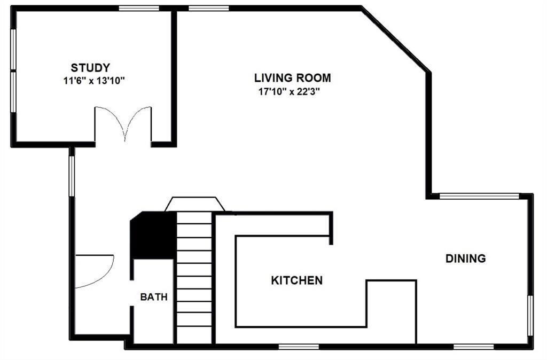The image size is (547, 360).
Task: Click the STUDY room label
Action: (x=90, y=68)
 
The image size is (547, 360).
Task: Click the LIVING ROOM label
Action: (x=292, y=78)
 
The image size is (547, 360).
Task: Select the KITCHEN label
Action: (x=297, y=280)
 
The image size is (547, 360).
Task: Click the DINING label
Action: (x=466, y=259)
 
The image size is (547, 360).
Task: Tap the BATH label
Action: (x=154, y=297)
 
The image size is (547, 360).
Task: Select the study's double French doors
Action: (x=123, y=124)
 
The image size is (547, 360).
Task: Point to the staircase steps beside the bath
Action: (x=193, y=278)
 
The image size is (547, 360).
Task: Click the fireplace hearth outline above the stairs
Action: (x=194, y=204)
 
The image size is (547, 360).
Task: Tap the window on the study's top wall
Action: (x=139, y=8)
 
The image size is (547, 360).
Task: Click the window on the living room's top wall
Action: (x=209, y=8)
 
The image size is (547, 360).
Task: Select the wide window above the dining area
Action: (x=479, y=196)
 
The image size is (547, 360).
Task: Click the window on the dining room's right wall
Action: (x=530, y=315)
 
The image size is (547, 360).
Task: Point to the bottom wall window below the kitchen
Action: (x=299, y=346)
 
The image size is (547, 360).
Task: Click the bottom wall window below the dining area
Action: (x=473, y=346)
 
